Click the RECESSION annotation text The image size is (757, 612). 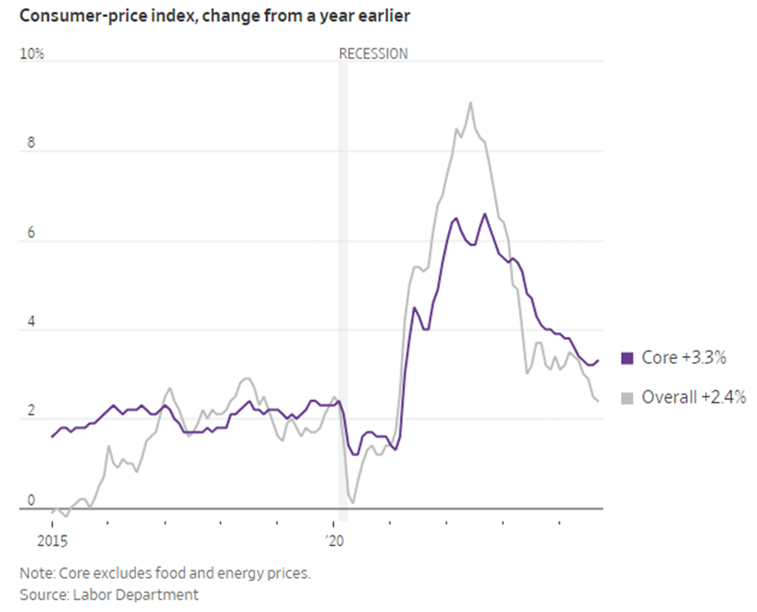tap(373, 54)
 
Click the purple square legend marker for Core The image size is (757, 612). tap(627, 358)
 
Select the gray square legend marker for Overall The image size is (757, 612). tap(627, 397)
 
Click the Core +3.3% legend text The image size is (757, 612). tap(683, 358)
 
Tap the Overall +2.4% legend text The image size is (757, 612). tap(693, 397)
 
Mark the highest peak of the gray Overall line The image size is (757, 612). tap(470, 102)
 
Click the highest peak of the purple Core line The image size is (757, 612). tap(484, 214)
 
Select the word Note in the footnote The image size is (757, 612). tap(35, 574)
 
